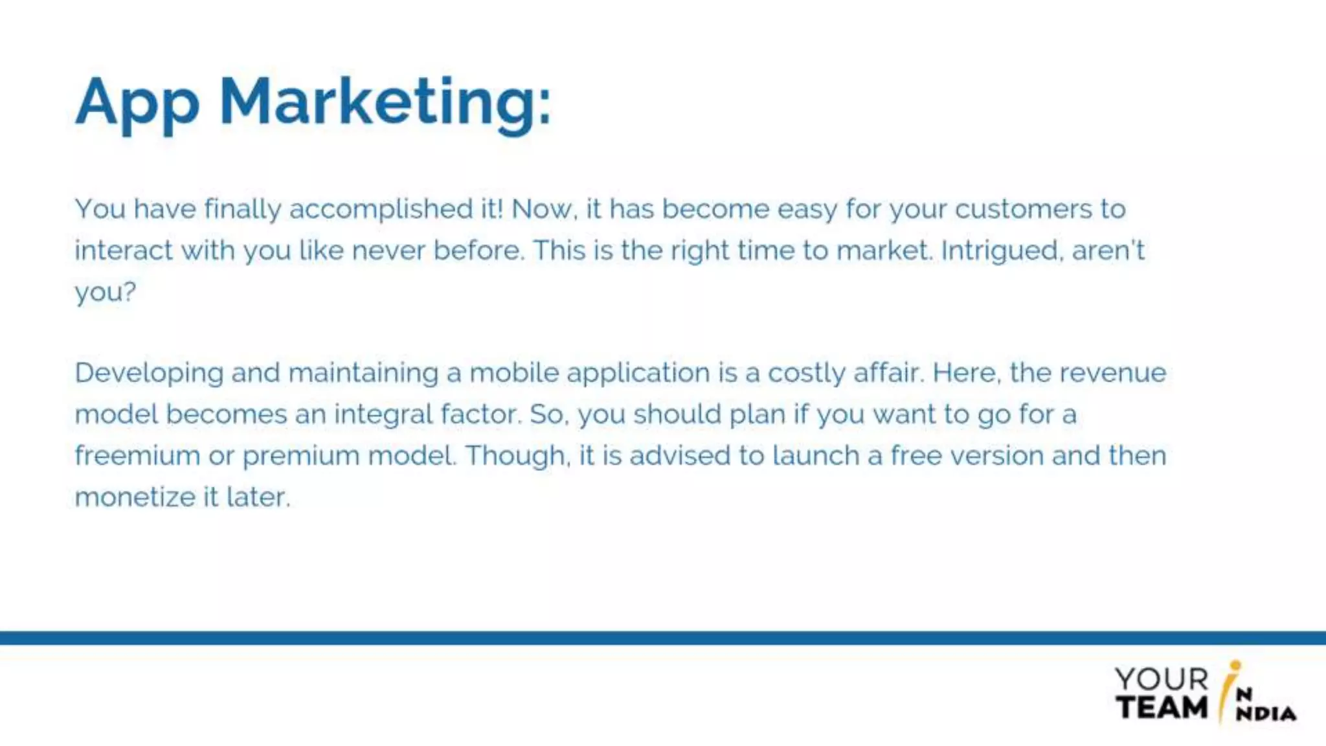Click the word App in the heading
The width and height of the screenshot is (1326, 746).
137,104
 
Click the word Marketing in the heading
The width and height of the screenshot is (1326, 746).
385,104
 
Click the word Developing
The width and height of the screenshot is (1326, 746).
149,374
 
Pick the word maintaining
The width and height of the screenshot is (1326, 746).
363,374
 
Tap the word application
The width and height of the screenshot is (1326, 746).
638,374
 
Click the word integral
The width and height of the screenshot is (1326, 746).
383,415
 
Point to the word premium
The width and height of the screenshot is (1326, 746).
300,457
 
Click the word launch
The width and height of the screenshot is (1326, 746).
816,456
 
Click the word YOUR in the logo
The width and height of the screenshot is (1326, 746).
1161,679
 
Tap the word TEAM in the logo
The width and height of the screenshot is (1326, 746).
1162,707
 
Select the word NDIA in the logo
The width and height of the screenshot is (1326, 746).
1266,714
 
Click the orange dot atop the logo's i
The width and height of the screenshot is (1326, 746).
1235,665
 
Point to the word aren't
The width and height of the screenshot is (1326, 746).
1108,251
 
